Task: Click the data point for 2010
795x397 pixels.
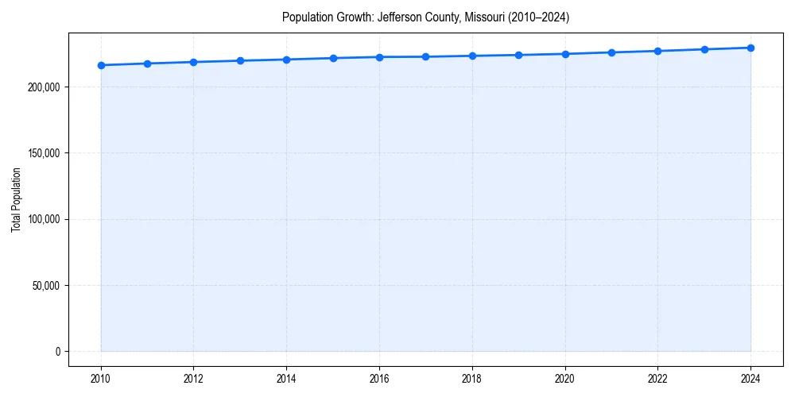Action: click(101, 65)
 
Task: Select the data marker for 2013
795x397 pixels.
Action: click(240, 60)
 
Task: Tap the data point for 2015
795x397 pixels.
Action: click(333, 58)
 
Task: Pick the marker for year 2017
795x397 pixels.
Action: click(426, 56)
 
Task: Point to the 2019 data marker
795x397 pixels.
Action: click(519, 55)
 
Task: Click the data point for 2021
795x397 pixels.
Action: click(611, 52)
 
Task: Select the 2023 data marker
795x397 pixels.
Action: click(704, 49)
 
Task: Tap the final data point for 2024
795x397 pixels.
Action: click(750, 48)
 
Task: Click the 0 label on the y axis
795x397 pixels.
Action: click(57, 352)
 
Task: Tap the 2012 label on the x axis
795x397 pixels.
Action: click(194, 379)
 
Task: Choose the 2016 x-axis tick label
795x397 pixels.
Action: click(379, 379)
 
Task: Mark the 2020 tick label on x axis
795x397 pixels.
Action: click(565, 379)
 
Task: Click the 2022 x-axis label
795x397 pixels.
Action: click(658, 379)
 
